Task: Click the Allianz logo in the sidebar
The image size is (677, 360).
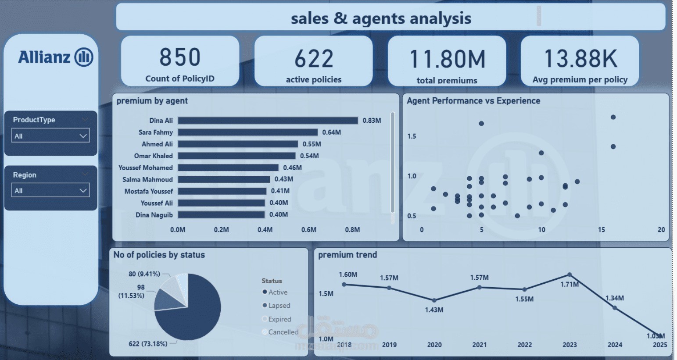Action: click(x=55, y=57)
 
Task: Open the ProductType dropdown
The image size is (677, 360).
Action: click(x=50, y=135)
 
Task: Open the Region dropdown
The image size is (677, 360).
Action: click(x=50, y=190)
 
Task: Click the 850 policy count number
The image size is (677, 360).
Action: click(x=180, y=57)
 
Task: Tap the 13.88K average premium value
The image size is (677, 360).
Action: click(x=580, y=59)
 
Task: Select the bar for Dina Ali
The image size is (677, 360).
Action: click(x=268, y=121)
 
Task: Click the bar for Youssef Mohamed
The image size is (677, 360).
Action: click(x=228, y=168)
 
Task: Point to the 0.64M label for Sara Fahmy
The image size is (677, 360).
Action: click(x=331, y=132)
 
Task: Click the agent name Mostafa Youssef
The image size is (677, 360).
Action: click(x=148, y=191)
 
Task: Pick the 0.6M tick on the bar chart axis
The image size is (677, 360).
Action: click(x=308, y=230)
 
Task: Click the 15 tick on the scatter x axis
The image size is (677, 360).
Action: click(x=601, y=230)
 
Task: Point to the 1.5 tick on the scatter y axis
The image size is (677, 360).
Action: click(x=412, y=136)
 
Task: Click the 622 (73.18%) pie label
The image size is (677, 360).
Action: click(x=148, y=344)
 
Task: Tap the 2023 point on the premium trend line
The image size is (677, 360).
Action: click(x=570, y=275)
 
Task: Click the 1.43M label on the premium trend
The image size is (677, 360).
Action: click(x=434, y=310)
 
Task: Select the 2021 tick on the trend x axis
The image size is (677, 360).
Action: click(x=479, y=345)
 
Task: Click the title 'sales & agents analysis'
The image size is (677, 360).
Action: click(x=381, y=18)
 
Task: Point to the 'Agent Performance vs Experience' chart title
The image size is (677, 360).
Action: click(x=473, y=101)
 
